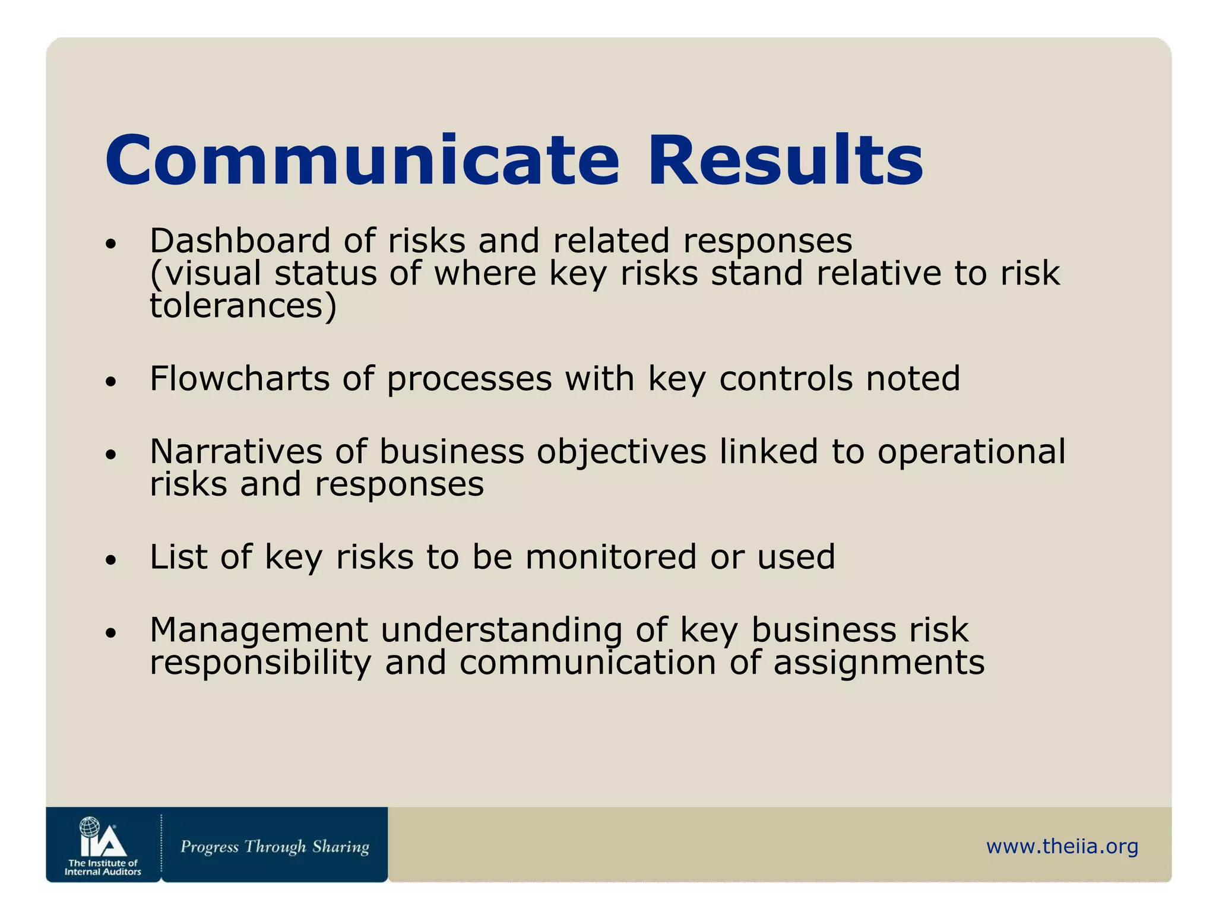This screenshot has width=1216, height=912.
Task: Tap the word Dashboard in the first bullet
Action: tap(240, 241)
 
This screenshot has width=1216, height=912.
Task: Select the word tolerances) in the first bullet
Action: tap(243, 306)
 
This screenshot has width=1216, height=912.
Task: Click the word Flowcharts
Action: tap(239, 379)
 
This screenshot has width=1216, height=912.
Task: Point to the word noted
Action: tap(913, 379)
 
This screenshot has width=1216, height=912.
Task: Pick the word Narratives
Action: tap(236, 451)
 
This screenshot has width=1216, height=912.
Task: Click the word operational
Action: tap(971, 452)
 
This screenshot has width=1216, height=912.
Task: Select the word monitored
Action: tap(610, 557)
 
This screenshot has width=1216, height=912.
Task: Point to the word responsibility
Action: tap(260, 664)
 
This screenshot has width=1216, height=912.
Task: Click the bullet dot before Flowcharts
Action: tap(110, 382)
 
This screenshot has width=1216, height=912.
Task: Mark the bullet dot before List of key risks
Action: tap(110, 560)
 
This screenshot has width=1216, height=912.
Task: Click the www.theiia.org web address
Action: tap(1062, 846)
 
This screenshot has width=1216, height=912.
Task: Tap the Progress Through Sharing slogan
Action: tap(274, 846)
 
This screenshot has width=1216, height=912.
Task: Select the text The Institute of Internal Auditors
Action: tap(103, 867)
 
